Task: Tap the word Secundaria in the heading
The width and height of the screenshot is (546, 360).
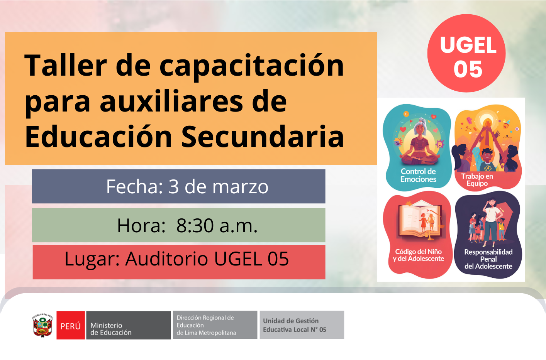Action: click(263, 137)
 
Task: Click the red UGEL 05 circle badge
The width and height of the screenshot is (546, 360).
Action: click(466, 53)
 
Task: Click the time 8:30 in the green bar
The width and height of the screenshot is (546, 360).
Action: click(195, 226)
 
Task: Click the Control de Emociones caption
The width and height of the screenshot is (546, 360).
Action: click(418, 176)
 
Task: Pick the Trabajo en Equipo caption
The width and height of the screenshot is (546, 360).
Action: click(477, 180)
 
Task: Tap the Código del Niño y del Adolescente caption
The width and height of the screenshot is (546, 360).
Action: click(419, 255)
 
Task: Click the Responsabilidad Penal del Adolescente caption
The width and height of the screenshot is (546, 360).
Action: click(488, 259)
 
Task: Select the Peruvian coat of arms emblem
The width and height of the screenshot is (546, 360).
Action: click(42, 326)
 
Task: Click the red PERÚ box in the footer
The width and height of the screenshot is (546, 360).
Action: click(71, 326)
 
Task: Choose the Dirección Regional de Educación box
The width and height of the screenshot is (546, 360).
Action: click(215, 325)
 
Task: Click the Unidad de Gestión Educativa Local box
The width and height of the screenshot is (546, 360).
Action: click(302, 325)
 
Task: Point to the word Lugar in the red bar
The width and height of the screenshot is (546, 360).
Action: click(92, 259)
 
